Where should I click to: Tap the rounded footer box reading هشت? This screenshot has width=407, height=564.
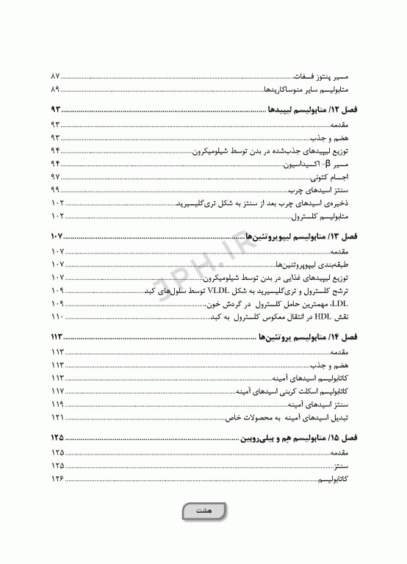[203, 511]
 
